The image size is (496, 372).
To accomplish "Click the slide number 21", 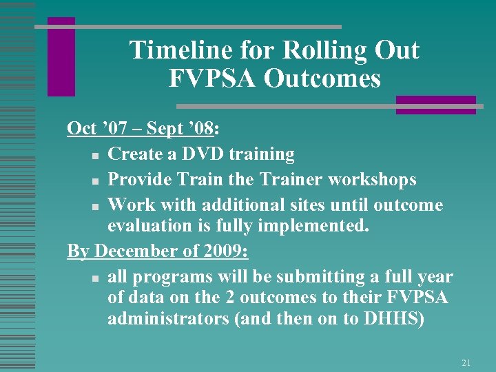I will coord(466,362).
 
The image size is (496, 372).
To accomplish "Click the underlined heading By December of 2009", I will coord(158,251).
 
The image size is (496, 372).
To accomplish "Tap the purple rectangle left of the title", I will coord(61,57).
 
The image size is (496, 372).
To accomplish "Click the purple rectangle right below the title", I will coord(435,105).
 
